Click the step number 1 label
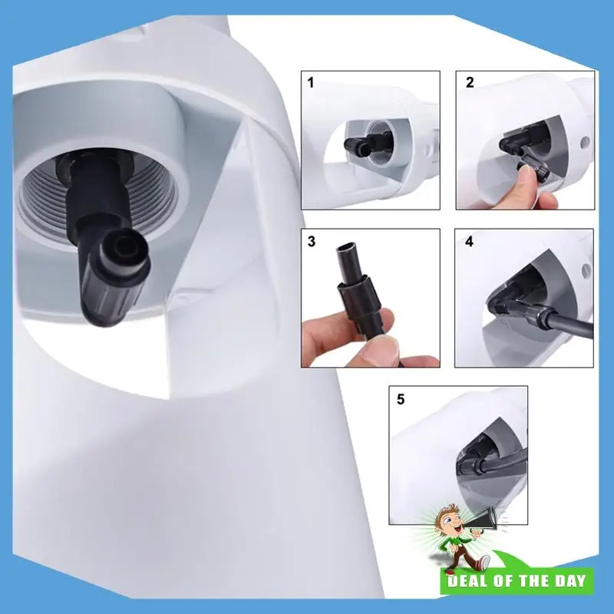(x=311, y=83)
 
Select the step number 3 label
(x=311, y=241)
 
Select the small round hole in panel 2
(x=585, y=143)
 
